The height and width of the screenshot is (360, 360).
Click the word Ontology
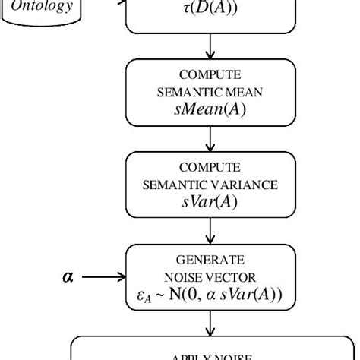click(47, 7)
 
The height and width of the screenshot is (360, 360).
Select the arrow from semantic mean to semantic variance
click(210, 139)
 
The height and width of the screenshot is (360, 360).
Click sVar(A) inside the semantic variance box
click(209, 200)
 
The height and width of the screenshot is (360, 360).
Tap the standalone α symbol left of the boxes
click(68, 277)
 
